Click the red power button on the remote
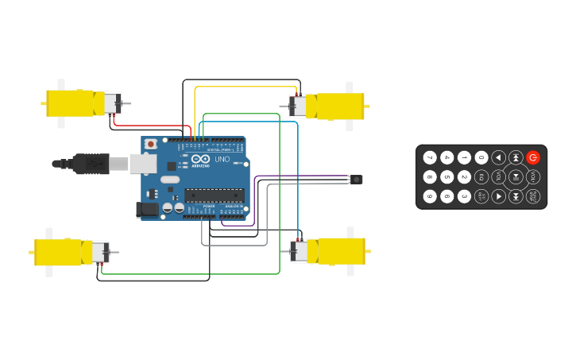click(533, 157)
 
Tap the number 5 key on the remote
click(447, 176)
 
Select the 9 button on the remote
click(430, 195)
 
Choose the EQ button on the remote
click(481, 176)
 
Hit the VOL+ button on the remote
click(533, 176)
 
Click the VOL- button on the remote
click(499, 176)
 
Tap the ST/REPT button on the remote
click(481, 195)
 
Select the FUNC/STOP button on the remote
click(533, 195)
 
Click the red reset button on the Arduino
click(149, 145)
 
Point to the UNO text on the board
click(222, 159)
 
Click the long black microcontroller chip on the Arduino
click(215, 195)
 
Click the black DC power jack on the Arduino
click(145, 210)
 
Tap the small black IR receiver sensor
click(357, 180)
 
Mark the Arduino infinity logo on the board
click(200, 160)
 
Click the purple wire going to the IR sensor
click(302, 176)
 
